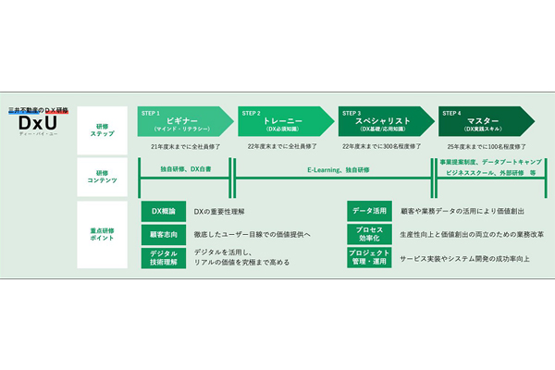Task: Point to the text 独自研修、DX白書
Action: (184, 170)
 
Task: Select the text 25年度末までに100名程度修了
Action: (486, 145)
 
